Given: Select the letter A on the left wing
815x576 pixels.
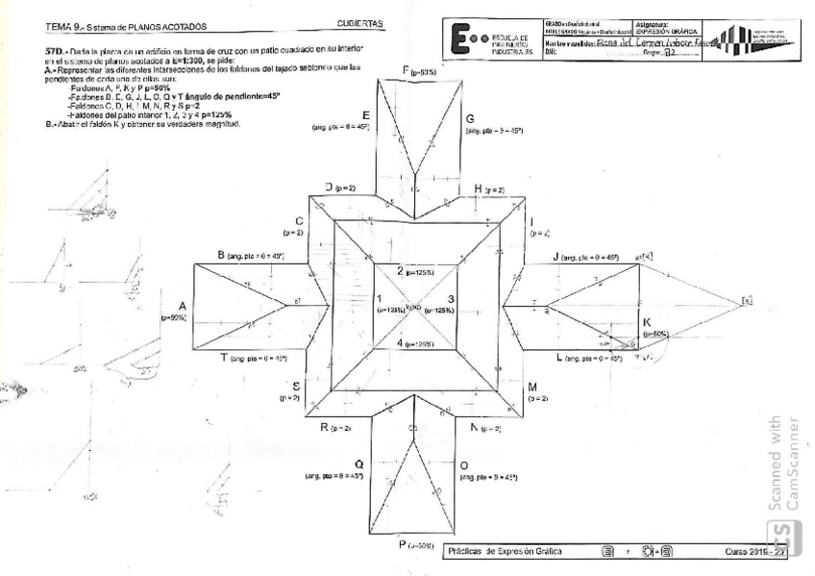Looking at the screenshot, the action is click(182, 305).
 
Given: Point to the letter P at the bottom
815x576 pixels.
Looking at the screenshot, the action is click(404, 544).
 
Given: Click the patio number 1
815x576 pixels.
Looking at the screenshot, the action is click(379, 298).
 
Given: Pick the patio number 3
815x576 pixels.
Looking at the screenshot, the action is click(451, 298).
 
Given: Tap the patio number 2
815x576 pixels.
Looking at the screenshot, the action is click(401, 271).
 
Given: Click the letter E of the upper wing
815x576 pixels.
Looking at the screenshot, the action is click(367, 115).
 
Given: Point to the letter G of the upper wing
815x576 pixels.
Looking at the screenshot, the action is click(469, 115).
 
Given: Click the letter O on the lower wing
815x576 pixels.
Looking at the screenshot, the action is click(463, 464).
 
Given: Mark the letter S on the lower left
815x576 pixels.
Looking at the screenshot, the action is click(296, 385).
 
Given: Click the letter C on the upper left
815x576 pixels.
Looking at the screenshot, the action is click(299, 221).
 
